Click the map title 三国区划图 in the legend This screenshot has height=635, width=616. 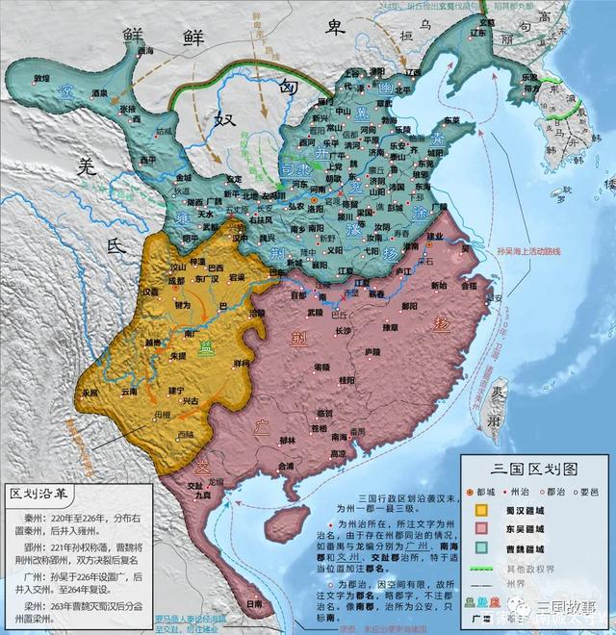[535, 469]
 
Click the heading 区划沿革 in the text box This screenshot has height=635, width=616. [42, 495]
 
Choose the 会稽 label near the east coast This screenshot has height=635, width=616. [468, 286]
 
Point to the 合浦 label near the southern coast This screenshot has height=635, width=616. [286, 465]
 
